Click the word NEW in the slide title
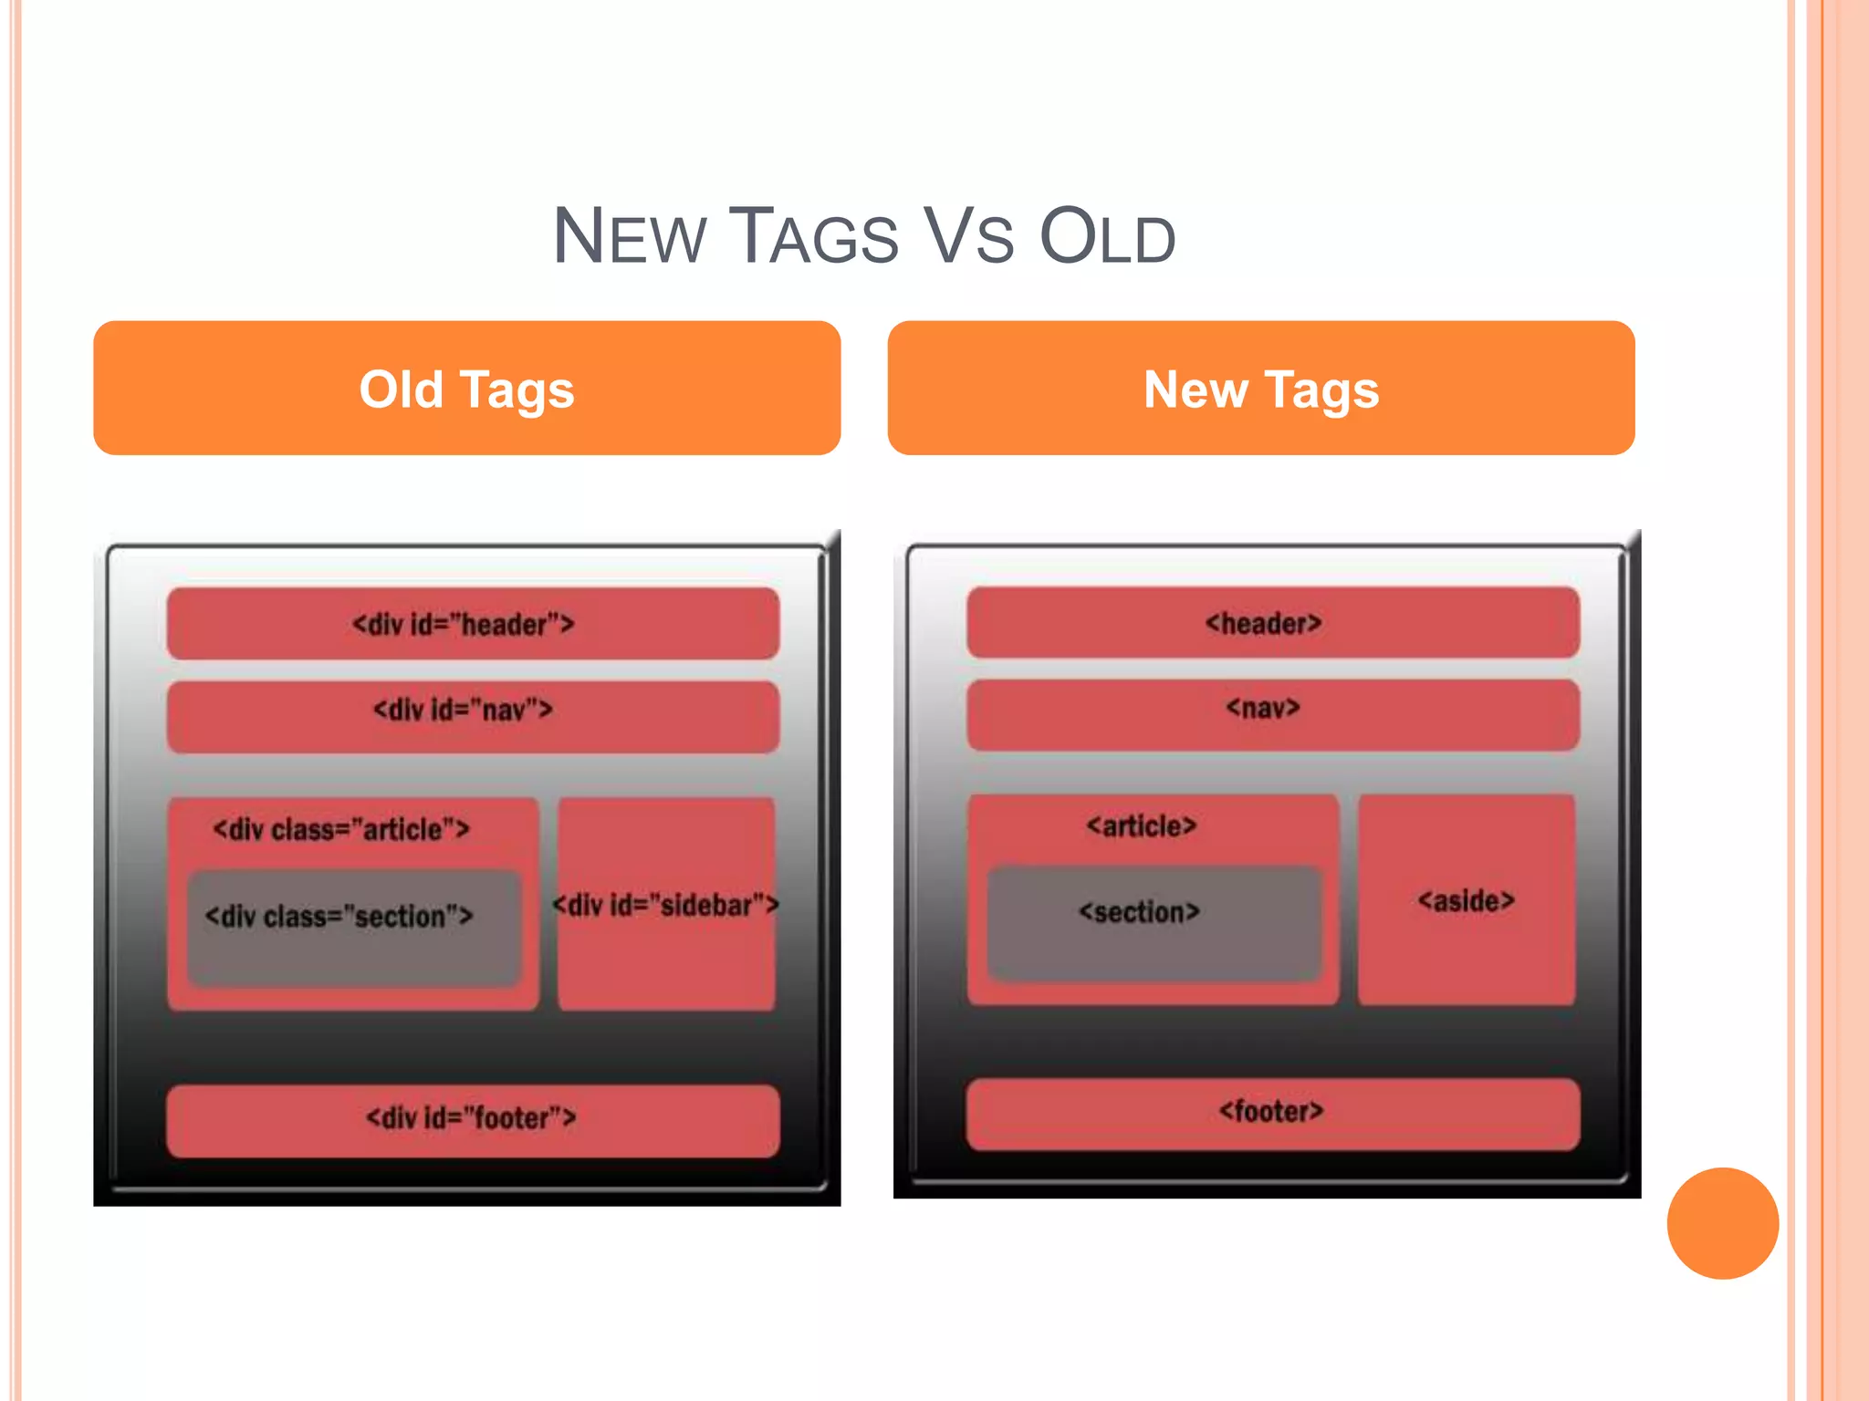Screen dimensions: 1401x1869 tap(630, 237)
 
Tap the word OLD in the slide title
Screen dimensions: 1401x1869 tap(1107, 237)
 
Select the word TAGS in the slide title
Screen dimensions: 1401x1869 tap(818, 237)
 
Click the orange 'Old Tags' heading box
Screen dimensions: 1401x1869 tap(466, 388)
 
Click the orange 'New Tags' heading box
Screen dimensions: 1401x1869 tap(1260, 388)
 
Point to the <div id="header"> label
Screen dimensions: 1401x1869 tap(464, 625)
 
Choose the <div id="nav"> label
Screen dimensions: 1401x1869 tap(463, 710)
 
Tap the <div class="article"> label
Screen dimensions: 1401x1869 tap(341, 829)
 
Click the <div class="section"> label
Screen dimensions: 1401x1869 tap(339, 916)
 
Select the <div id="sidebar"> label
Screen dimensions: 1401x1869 tap(666, 905)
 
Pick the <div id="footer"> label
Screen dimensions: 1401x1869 tap(471, 1117)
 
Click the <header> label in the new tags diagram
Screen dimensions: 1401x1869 tap(1263, 624)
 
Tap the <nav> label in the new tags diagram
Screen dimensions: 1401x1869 tap(1263, 708)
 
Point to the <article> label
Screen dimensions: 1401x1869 tap(1141, 826)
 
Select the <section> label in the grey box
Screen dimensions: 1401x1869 tap(1139, 911)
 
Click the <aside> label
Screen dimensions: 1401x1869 tap(1466, 901)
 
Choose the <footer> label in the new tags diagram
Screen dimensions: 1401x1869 tap(1271, 1111)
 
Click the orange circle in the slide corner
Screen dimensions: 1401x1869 tap(1722, 1223)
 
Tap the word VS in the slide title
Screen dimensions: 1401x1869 tap(968, 237)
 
